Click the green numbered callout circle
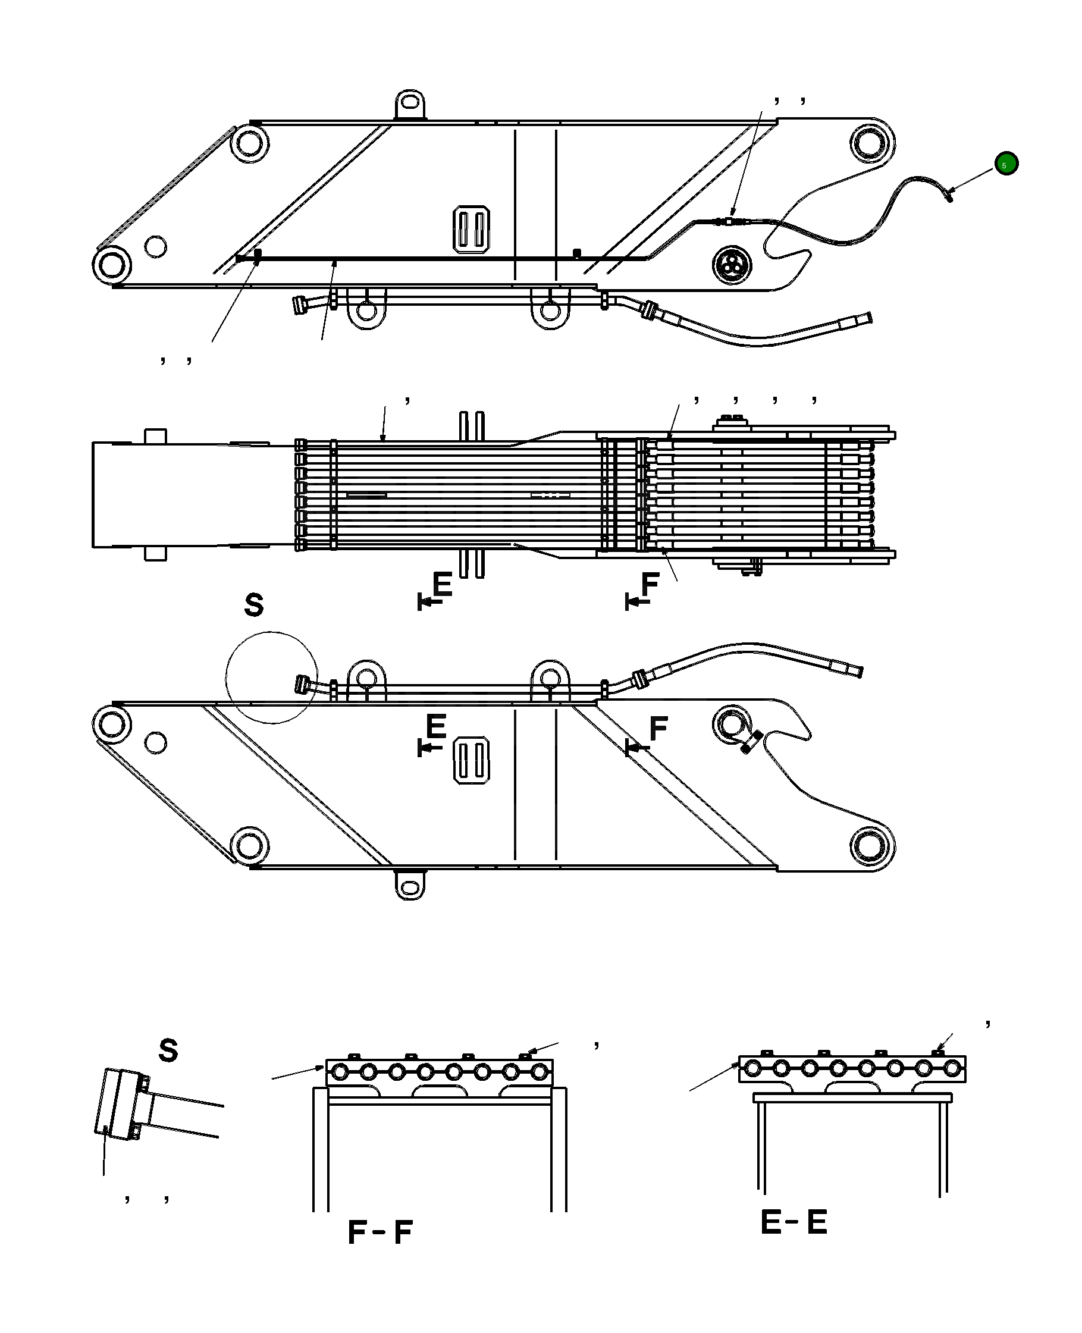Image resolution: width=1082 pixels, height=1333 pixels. click(x=1006, y=164)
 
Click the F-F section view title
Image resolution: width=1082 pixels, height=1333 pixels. click(x=380, y=1232)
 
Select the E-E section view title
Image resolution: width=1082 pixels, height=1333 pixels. click(x=794, y=1222)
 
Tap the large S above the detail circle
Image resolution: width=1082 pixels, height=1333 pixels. click(x=253, y=605)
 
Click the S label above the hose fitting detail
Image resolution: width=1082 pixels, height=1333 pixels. click(x=168, y=1050)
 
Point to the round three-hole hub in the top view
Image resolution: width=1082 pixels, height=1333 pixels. click(x=731, y=264)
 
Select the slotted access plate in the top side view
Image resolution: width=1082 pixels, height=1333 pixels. click(x=471, y=229)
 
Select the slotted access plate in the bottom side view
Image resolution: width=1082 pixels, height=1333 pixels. click(x=472, y=760)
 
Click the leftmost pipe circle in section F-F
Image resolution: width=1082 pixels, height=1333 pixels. click(x=340, y=1072)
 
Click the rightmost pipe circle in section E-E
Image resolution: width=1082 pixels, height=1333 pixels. click(x=952, y=1068)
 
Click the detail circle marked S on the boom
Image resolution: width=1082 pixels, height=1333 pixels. click(x=272, y=678)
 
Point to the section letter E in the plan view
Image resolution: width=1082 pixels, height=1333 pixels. click(x=442, y=585)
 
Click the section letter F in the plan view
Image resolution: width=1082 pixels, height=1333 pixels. click(x=650, y=585)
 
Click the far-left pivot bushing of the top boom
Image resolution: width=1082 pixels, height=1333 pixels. click(x=112, y=265)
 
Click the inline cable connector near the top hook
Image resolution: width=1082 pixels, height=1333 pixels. click(x=730, y=221)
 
